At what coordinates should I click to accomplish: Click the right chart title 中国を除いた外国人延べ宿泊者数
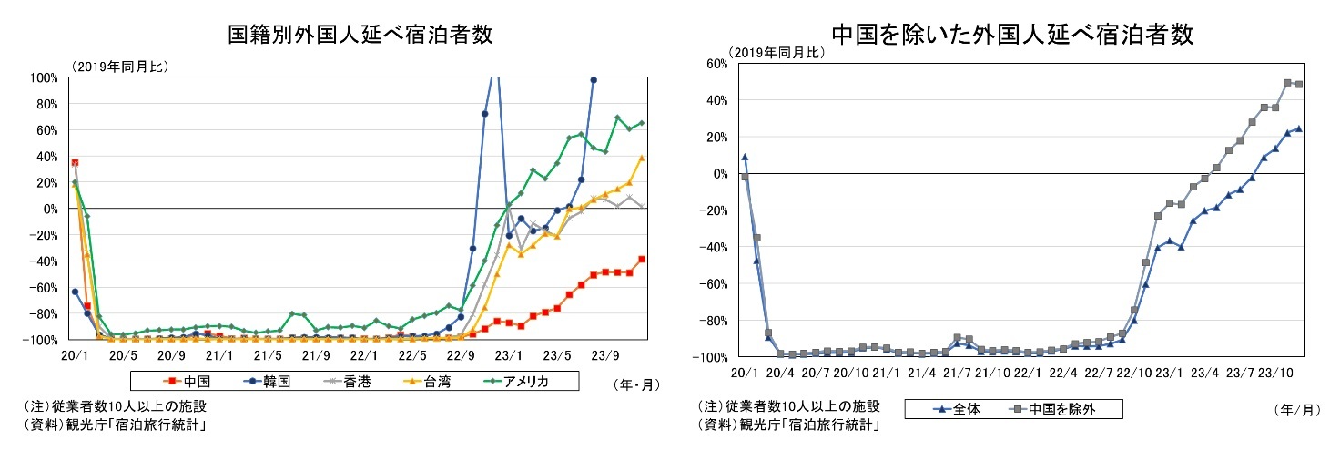(x=1012, y=35)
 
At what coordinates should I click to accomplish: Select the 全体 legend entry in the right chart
(x=955, y=409)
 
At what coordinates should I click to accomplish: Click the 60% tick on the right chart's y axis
(x=713, y=63)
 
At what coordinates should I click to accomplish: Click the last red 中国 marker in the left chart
(x=642, y=259)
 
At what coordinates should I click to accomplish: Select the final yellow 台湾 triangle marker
(x=642, y=158)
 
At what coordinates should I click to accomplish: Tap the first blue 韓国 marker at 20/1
(x=75, y=292)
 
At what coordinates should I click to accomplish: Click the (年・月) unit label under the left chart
(x=627, y=384)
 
